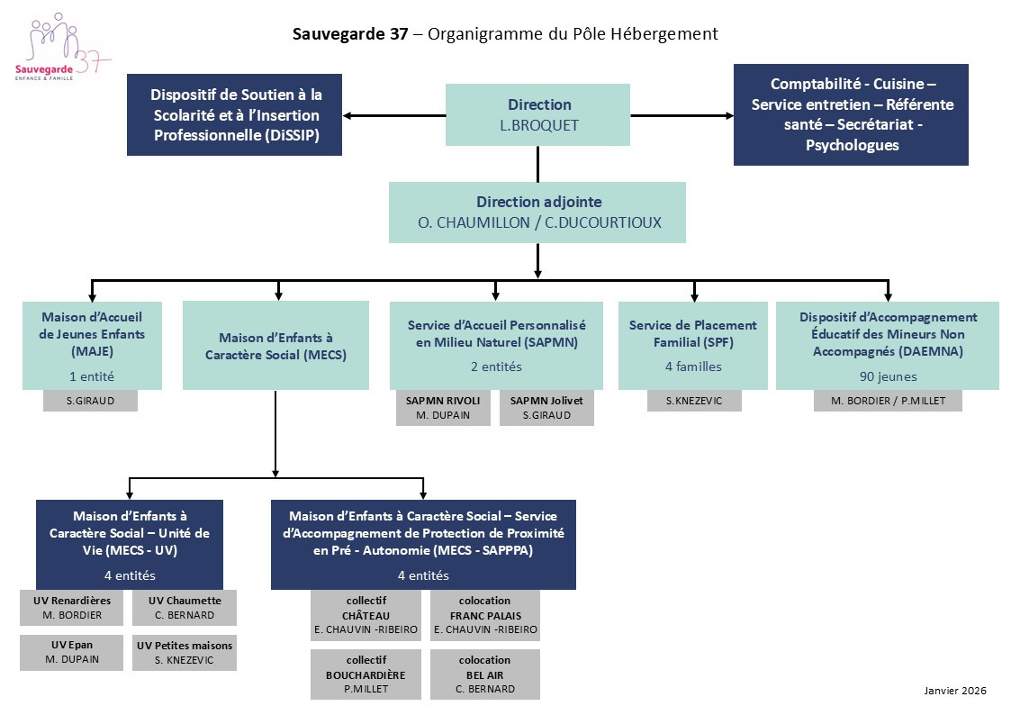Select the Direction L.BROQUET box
pos(538,115)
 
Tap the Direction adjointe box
pos(537,213)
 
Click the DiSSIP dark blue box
pos(235,115)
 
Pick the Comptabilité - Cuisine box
pos(851,114)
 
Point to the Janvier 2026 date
pos(955,691)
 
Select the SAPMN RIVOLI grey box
pos(443,407)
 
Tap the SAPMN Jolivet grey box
pos(546,407)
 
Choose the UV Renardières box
pos(72,608)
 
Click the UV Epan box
pos(72,652)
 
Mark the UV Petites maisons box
pos(185,652)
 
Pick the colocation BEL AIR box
pos(484,674)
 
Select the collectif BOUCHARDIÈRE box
pos(366,674)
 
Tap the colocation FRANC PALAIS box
pos(484,615)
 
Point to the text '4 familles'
pos(693,367)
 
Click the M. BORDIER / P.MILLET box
pos(888,401)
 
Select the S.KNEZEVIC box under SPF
pos(693,401)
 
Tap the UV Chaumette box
pos(185,608)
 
